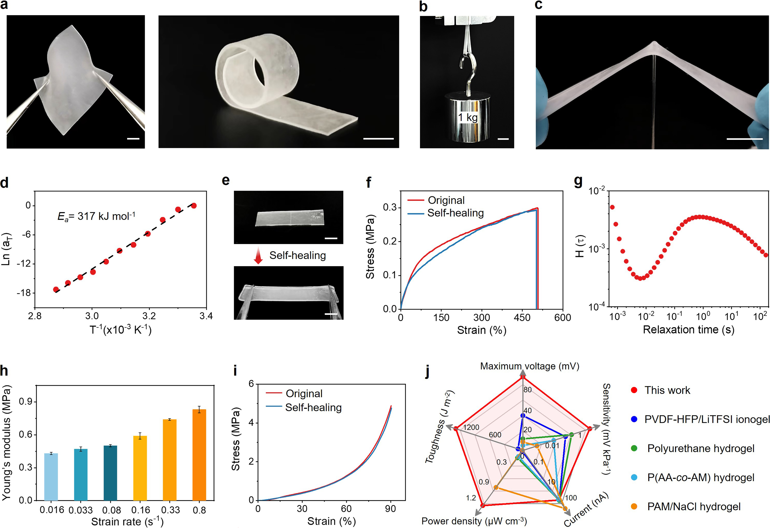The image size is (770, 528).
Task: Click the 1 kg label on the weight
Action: click(x=468, y=117)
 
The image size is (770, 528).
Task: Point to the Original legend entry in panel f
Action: click(x=446, y=200)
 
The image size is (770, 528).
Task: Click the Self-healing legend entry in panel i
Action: click(x=313, y=407)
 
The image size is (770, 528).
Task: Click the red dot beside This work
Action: click(x=634, y=390)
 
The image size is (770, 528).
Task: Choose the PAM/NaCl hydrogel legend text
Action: click(x=694, y=506)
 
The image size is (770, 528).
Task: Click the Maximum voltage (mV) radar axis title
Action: click(x=529, y=366)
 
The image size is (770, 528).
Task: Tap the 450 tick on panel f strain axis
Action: click(x=522, y=317)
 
